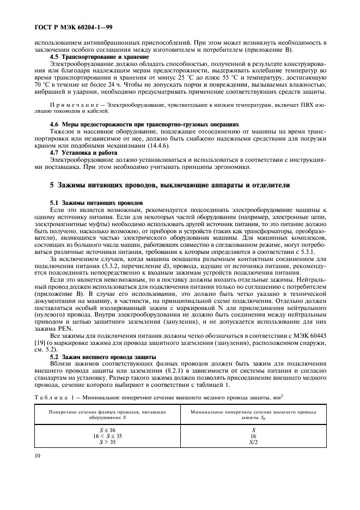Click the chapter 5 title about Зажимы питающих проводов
click(x=170, y=185)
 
